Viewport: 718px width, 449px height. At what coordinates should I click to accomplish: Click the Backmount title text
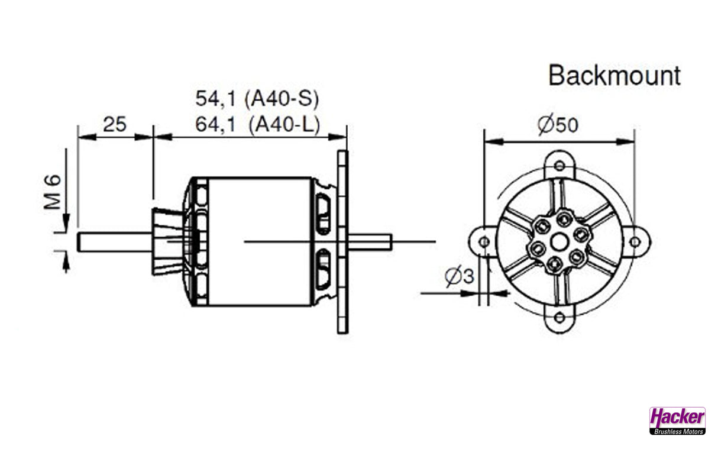tap(614, 76)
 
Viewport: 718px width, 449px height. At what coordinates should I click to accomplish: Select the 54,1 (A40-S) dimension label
tap(257, 99)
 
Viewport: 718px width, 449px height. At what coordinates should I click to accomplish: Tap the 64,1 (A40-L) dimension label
tap(257, 125)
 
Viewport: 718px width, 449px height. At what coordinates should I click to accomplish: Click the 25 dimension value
tap(115, 124)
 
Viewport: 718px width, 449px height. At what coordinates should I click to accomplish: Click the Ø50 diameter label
tap(558, 125)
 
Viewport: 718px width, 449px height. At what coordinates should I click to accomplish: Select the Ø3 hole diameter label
tap(460, 276)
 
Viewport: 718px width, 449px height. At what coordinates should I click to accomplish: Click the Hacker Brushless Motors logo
tap(677, 421)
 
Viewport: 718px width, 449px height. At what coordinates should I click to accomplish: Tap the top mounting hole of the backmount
tap(559, 166)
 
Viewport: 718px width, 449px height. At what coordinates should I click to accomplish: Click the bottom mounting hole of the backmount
tap(559, 318)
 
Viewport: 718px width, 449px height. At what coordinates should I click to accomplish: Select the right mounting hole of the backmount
tap(635, 241)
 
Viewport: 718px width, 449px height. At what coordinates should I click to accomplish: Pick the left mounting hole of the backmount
tap(484, 241)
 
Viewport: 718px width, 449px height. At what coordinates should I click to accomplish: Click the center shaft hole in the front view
tap(559, 241)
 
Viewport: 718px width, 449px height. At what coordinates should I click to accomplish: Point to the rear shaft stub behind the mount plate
tap(370, 241)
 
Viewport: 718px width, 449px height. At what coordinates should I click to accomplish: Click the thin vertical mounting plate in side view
tap(342, 241)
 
